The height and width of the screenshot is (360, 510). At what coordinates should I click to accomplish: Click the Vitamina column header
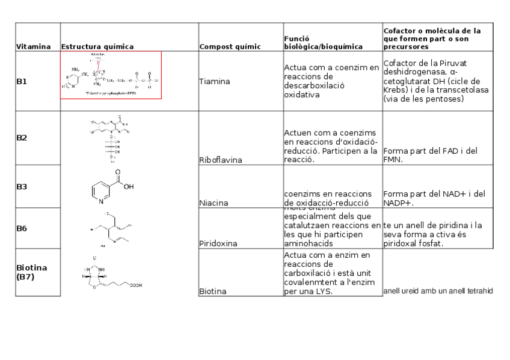33,46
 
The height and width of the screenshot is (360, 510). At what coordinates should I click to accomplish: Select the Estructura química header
97,46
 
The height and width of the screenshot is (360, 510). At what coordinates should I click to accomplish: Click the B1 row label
22,82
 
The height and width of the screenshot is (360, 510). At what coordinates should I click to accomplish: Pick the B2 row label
22,138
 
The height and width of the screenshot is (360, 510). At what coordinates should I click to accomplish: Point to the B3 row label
22,186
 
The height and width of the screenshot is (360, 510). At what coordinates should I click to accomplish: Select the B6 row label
22,228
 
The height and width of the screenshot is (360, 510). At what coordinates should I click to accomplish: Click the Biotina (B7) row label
32,272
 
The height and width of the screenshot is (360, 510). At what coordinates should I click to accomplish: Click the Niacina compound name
214,203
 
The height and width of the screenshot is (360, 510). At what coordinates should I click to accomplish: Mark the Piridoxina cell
218,244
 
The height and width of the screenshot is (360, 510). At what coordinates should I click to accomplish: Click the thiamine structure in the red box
111,75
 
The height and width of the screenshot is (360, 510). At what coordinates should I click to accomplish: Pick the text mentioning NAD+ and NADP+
433,198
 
